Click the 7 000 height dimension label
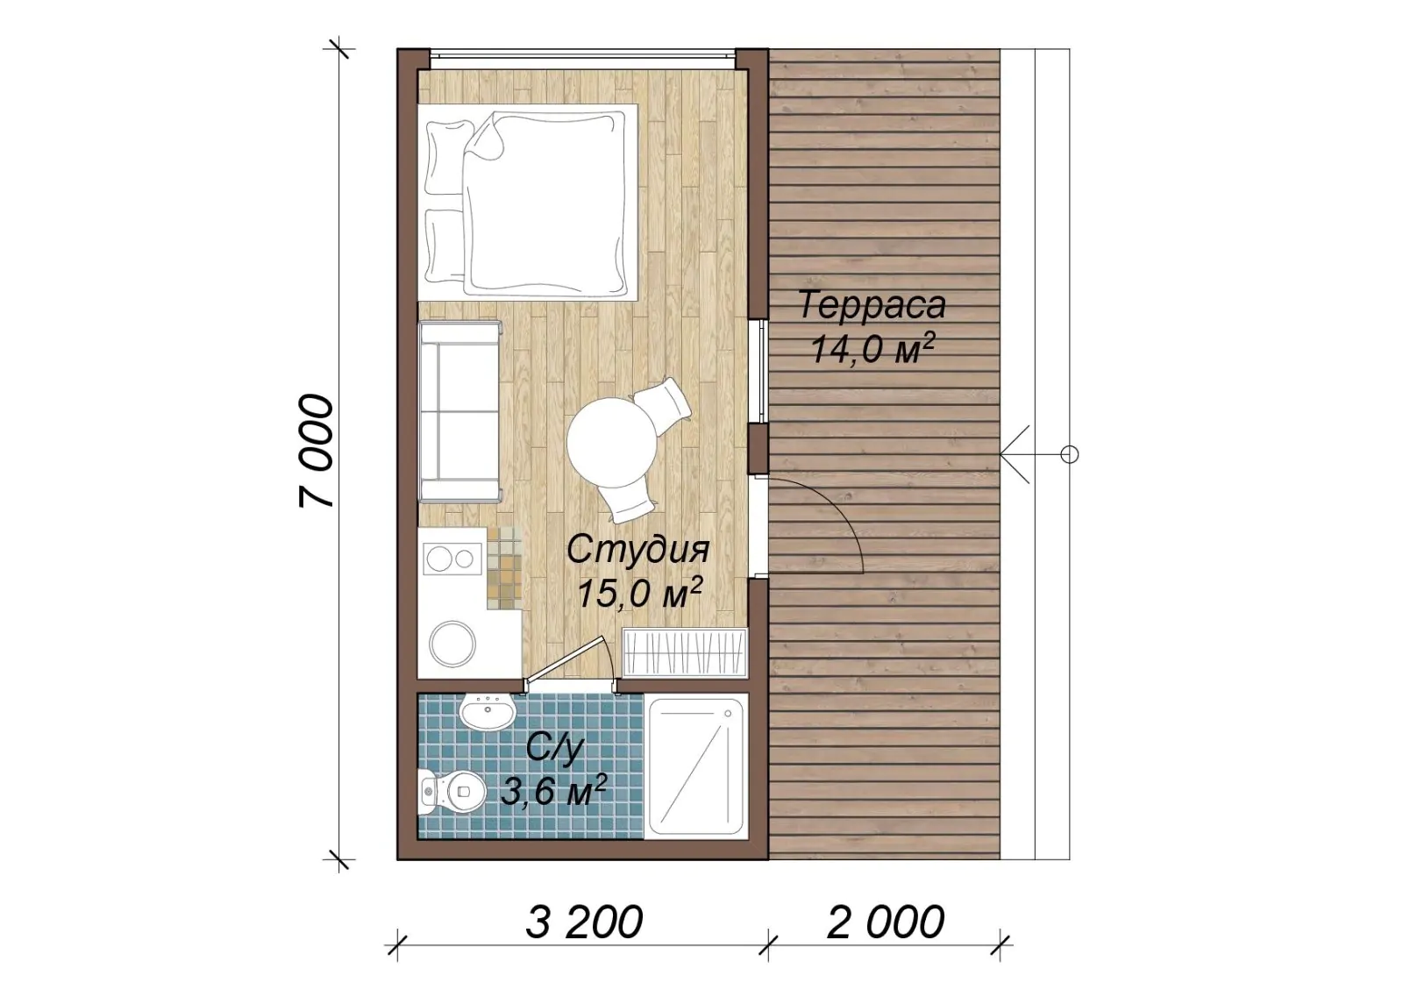pyautogui.click(x=316, y=451)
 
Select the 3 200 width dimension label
pyautogui.click(x=584, y=922)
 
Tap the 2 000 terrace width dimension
pyautogui.click(x=885, y=922)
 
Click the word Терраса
pyautogui.click(x=872, y=306)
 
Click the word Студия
pyautogui.click(x=638, y=550)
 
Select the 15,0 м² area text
pyautogui.click(x=638, y=593)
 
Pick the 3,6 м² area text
pyautogui.click(x=553, y=792)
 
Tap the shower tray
pyautogui.click(x=696, y=766)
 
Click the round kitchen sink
pyautogui.click(x=452, y=644)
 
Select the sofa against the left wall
pyautogui.click(x=460, y=411)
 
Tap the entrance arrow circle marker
pyautogui.click(x=1069, y=454)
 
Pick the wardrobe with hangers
pyautogui.click(x=685, y=652)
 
